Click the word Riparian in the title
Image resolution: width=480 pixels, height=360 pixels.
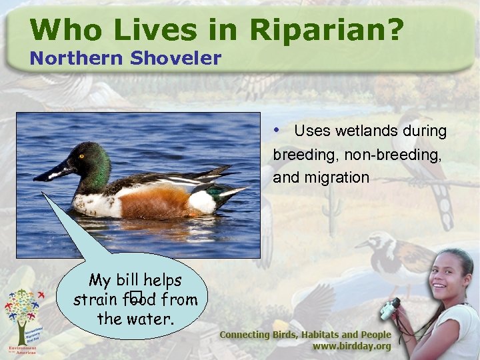(x=327, y=30)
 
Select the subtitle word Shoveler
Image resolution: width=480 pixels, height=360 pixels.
(x=176, y=59)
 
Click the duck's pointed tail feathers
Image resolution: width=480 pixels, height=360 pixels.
(x=230, y=193)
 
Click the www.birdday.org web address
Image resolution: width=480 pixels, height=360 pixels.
(x=351, y=347)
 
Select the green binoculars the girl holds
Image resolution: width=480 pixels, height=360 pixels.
(x=389, y=307)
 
